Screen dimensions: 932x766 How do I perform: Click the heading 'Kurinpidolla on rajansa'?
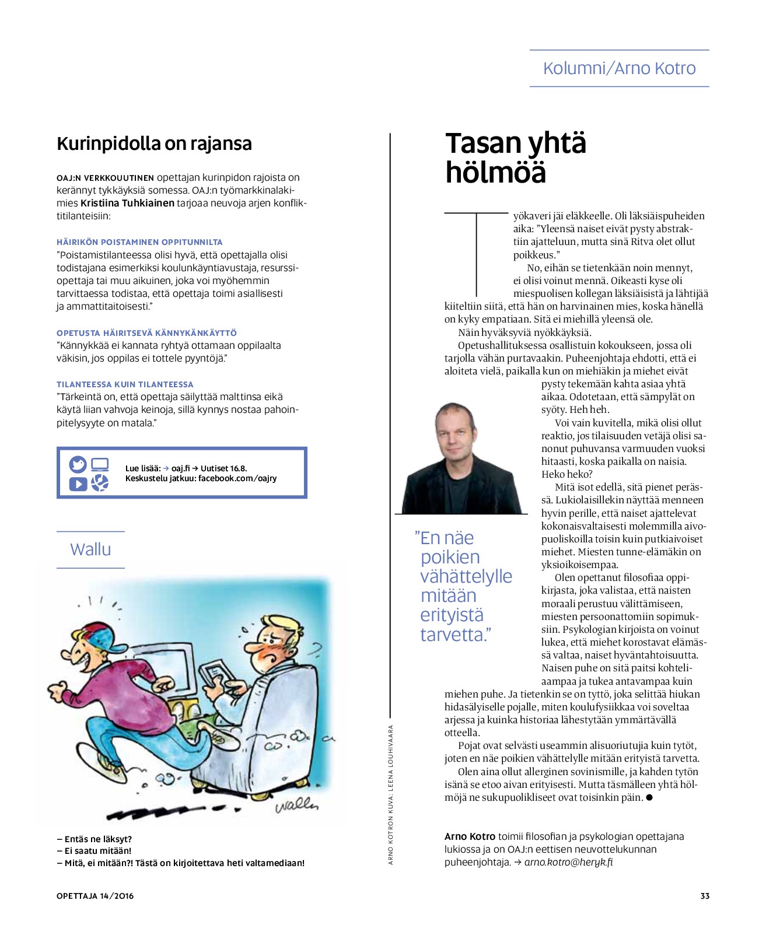tap(154, 143)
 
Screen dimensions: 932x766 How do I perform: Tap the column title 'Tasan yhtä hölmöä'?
tap(515, 158)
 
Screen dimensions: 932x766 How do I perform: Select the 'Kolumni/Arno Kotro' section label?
tap(619, 68)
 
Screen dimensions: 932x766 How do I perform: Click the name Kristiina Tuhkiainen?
tap(127, 203)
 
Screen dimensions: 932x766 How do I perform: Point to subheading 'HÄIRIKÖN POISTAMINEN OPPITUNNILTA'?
tap(139, 241)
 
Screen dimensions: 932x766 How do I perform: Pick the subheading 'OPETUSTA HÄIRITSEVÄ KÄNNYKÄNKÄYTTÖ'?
tap(146, 332)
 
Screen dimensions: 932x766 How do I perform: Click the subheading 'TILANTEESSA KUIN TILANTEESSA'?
tap(125, 384)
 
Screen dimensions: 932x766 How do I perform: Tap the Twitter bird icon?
tap(78, 465)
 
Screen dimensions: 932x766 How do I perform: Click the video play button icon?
tap(78, 483)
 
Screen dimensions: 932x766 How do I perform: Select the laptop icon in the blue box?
tap(100, 465)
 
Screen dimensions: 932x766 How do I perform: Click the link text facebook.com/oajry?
tap(237, 478)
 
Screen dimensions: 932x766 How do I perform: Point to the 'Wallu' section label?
tap(90, 549)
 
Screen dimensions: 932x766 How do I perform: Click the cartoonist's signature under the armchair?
tap(296, 805)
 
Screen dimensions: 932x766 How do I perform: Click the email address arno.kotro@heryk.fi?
tap(568, 862)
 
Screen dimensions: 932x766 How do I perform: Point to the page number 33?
tap(705, 896)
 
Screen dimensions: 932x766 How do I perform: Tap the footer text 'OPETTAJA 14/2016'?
tap(95, 896)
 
